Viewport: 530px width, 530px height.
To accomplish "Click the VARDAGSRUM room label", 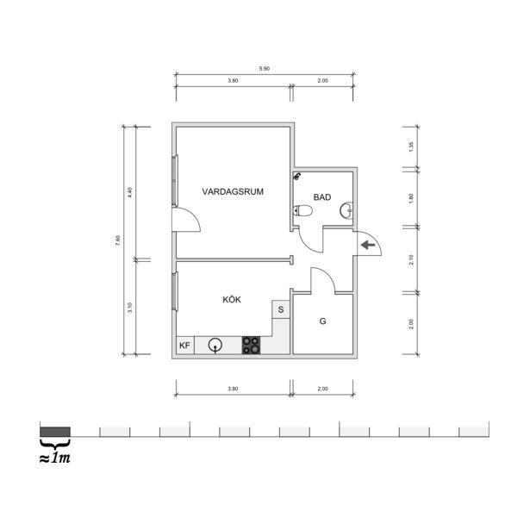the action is pyautogui.click(x=233, y=191).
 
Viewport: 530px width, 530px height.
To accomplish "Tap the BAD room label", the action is pyautogui.click(x=322, y=197).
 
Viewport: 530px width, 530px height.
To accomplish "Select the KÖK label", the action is pyautogui.click(x=232, y=299).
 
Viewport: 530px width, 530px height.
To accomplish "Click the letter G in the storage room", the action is pyautogui.click(x=323, y=321).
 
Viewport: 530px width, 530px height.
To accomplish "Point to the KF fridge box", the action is pyautogui.click(x=185, y=346).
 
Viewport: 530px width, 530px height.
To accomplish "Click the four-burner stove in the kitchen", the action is pyautogui.click(x=251, y=346).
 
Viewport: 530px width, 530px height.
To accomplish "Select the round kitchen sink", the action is pyautogui.click(x=215, y=345).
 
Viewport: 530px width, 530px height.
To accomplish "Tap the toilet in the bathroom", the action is pyautogui.click(x=302, y=210).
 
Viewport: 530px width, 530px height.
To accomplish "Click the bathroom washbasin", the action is pyautogui.click(x=346, y=210).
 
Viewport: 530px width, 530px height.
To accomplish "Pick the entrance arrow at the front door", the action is pyautogui.click(x=368, y=245).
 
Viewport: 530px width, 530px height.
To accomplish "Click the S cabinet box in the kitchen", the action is pyautogui.click(x=281, y=309).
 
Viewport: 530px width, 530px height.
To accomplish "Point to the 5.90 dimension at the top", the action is pyautogui.click(x=265, y=69).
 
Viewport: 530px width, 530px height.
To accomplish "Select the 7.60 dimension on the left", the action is pyautogui.click(x=117, y=240).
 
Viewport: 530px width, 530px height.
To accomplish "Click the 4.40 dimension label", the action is pyautogui.click(x=130, y=193).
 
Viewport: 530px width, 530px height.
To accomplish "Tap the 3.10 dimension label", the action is pyautogui.click(x=130, y=308).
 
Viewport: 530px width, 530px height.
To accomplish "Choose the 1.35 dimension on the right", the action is pyautogui.click(x=411, y=147).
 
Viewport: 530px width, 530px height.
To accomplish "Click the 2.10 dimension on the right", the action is pyautogui.click(x=411, y=259).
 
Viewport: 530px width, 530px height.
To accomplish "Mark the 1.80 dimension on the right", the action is pyautogui.click(x=411, y=198).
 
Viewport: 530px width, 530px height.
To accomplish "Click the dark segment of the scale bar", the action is pyautogui.click(x=55, y=432).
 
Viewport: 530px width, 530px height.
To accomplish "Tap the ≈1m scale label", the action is pyautogui.click(x=55, y=458).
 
